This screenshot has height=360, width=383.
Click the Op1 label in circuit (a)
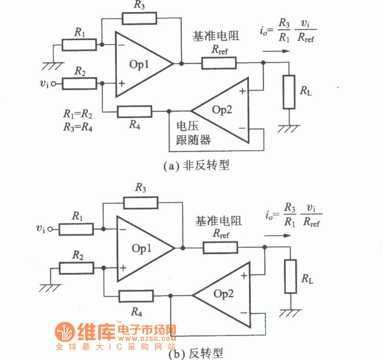(142, 64)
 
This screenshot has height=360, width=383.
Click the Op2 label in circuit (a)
(222, 110)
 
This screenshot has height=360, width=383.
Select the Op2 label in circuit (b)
(224, 293)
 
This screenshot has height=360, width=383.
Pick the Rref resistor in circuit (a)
(219, 63)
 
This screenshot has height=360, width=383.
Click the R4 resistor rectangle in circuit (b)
(135, 296)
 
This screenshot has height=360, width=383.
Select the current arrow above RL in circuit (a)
(278, 50)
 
